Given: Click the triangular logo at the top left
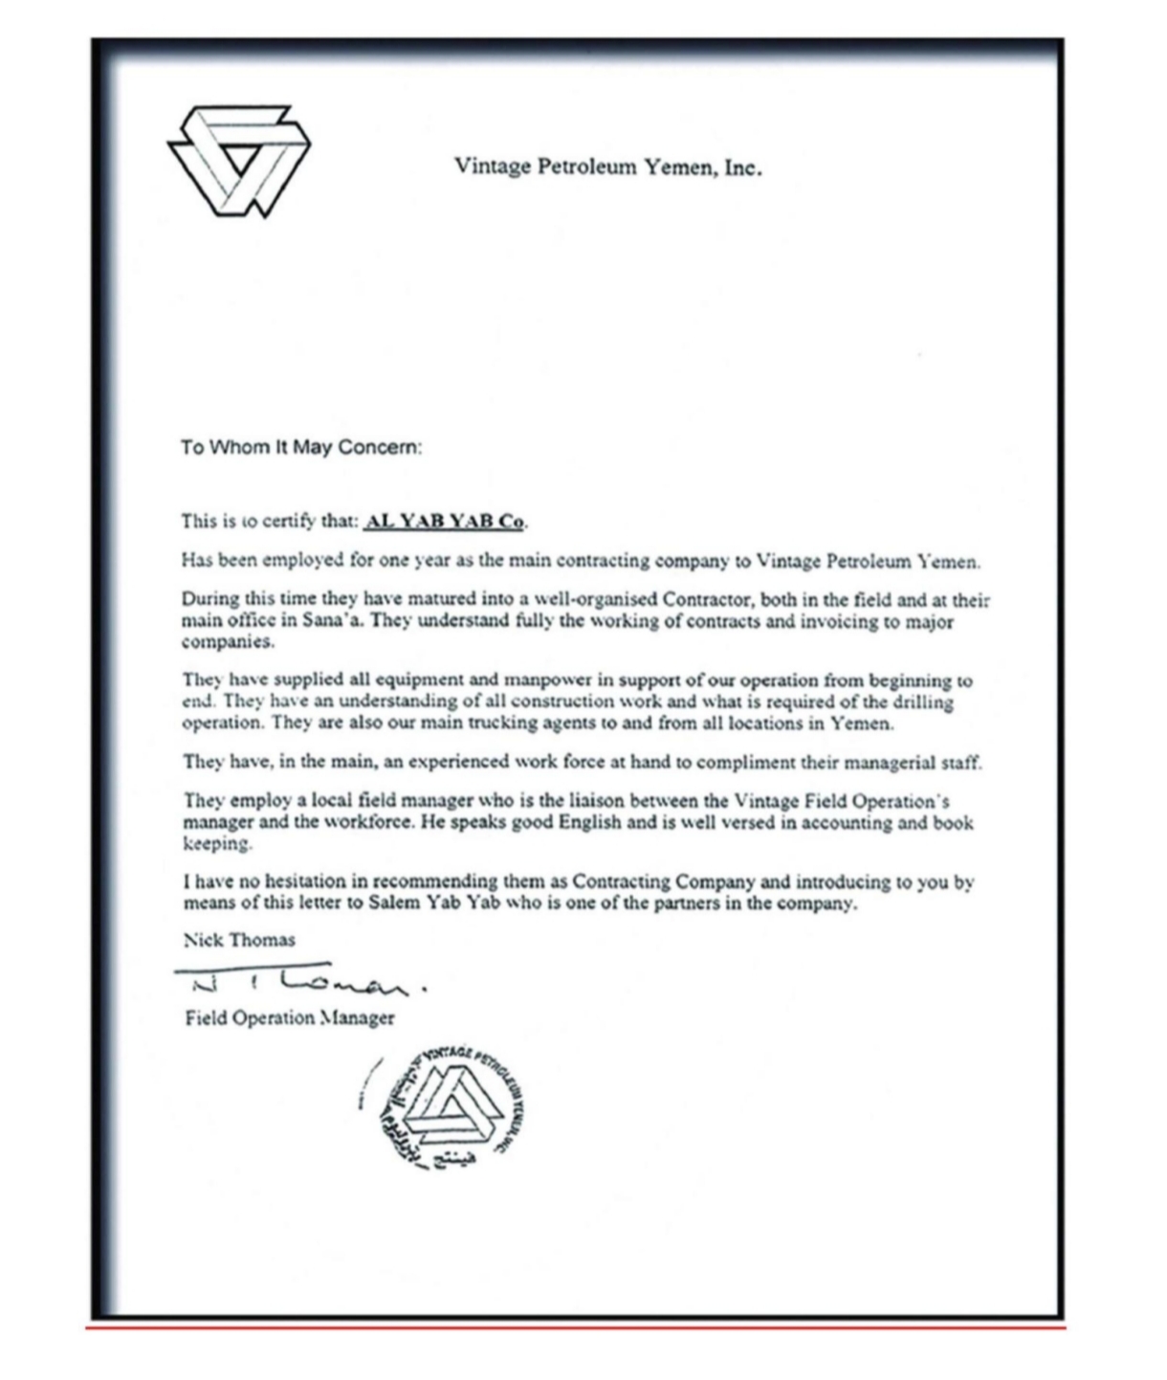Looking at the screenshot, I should point(239,159).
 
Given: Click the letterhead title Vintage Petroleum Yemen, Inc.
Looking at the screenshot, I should point(607,167).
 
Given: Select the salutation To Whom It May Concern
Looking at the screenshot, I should point(300,447).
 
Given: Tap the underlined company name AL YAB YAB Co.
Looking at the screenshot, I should point(446,522).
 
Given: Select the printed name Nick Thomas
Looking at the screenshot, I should point(239,940).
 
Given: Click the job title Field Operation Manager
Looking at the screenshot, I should point(289,1017).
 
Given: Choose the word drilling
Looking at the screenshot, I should point(922,702).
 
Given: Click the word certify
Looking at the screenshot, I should point(288,523).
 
